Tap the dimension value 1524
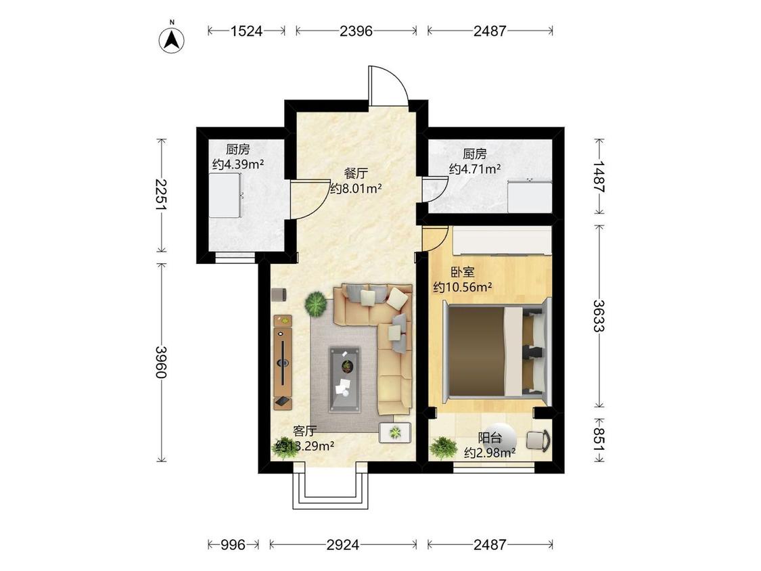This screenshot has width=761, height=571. point(246,31)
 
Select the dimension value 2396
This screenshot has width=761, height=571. point(356,31)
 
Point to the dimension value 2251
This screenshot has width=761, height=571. point(160,195)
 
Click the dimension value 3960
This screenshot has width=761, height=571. point(160,362)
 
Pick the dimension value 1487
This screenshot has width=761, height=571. point(600,177)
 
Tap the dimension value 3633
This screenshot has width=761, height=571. point(600,315)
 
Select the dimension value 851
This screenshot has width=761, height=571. point(600,440)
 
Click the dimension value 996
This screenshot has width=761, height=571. point(233,545)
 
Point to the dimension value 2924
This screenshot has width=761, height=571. point(343,545)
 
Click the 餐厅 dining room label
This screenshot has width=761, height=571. point(356,173)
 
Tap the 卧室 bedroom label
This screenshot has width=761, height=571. point(463,272)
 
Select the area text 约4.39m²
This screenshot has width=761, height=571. point(238,164)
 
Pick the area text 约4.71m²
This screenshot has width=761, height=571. point(475,169)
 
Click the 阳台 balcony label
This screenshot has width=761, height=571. point(490,438)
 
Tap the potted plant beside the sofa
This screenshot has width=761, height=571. point(316,304)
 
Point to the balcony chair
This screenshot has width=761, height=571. point(538,440)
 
